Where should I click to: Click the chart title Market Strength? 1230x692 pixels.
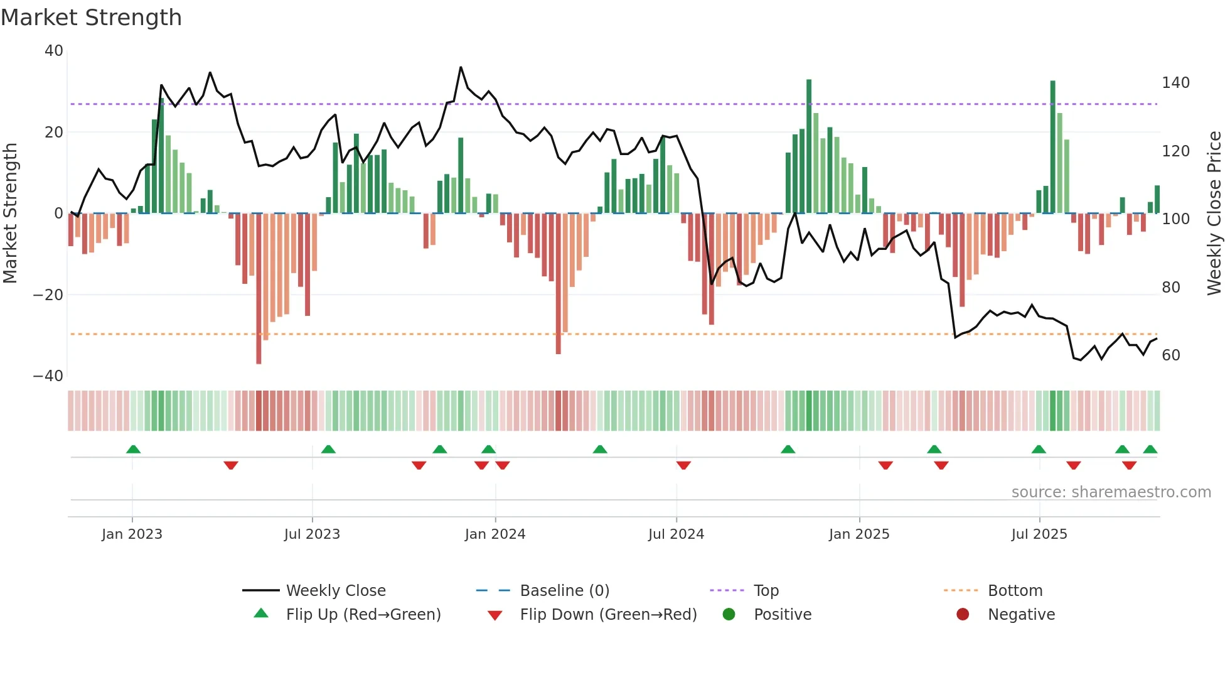point(91,18)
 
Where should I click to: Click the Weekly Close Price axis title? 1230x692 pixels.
point(1214,213)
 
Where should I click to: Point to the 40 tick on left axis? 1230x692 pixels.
point(54,51)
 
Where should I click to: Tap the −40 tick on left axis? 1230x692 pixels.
point(48,376)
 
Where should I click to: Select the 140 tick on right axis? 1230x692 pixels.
point(1175,83)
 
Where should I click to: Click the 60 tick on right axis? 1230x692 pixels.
point(1171,355)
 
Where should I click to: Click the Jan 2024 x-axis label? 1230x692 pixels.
point(495,534)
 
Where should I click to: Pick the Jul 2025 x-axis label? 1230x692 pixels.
point(1039,534)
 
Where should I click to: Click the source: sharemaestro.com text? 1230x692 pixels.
point(1111,492)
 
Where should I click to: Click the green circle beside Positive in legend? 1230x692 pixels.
point(729,614)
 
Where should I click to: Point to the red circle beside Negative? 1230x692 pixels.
point(963,614)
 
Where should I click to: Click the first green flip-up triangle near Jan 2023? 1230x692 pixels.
point(133,449)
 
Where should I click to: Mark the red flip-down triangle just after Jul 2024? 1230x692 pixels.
point(683,465)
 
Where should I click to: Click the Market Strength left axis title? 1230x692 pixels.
point(11,213)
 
